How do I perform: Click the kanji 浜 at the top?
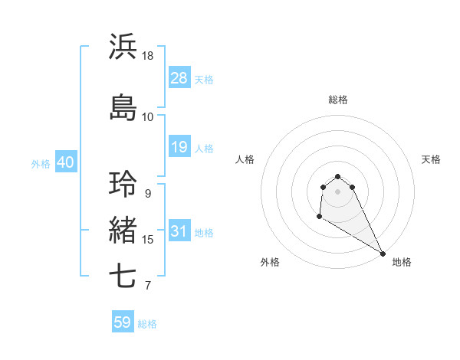click(123, 47)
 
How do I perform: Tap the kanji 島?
click(123, 107)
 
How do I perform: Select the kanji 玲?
click(123, 185)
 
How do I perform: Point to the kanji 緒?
click(123, 231)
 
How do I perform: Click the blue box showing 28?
click(179, 78)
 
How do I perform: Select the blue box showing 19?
click(179, 147)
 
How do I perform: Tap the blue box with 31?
click(179, 231)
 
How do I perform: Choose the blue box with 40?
click(64, 162)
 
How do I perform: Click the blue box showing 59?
click(123, 322)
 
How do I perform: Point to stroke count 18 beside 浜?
click(148, 56)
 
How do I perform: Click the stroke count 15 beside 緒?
click(148, 240)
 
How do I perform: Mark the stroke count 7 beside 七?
click(147, 286)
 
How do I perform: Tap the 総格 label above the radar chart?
click(338, 100)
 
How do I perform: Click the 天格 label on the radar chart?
click(431, 159)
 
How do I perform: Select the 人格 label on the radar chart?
click(245, 159)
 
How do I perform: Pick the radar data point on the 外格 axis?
click(319, 217)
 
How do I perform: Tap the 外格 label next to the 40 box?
click(40, 163)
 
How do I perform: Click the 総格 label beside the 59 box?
click(147, 324)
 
